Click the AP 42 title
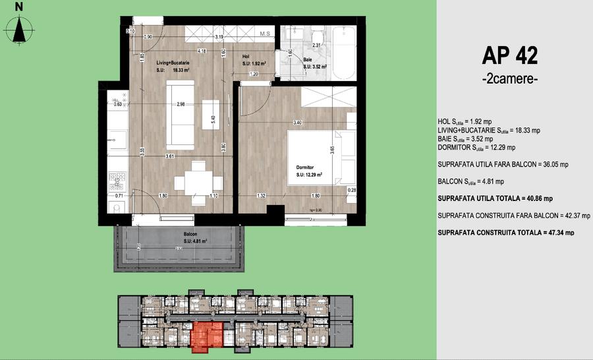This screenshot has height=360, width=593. click(509, 55)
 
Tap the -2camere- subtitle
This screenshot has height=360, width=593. click(509, 79)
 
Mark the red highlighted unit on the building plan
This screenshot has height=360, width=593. click(206, 334)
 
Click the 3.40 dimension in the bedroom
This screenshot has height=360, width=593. click(298, 122)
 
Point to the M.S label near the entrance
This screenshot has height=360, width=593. click(266, 33)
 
